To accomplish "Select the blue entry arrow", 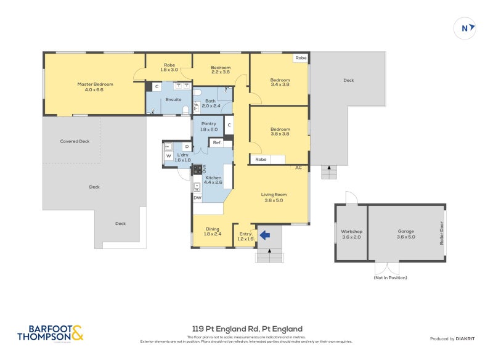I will (264, 234).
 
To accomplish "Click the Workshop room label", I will (352, 234).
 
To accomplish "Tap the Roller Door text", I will (441, 234).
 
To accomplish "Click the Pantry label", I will (208, 126).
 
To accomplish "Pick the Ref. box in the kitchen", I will (217, 142).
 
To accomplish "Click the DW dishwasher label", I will (197, 198).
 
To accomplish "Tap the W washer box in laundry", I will (168, 156).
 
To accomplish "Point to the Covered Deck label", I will (75, 141).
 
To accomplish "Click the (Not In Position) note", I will (390, 277).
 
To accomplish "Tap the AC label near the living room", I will (298, 167).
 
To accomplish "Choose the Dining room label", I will (212, 231).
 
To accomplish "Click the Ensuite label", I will (174, 99).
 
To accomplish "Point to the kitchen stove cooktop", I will (198, 169).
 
